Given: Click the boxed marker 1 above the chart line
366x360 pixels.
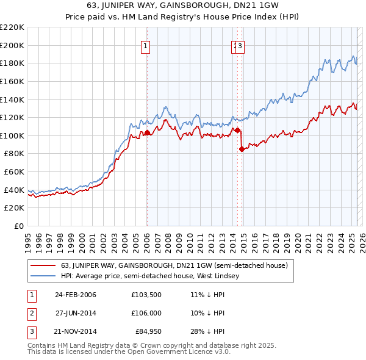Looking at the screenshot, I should click(147, 45).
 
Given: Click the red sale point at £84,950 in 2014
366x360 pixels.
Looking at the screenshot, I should click(242, 149).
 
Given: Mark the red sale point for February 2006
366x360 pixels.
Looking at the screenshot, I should click(147, 132).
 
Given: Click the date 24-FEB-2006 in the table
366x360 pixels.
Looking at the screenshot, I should click(76, 295).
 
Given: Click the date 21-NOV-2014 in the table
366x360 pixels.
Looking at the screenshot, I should click(76, 331).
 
